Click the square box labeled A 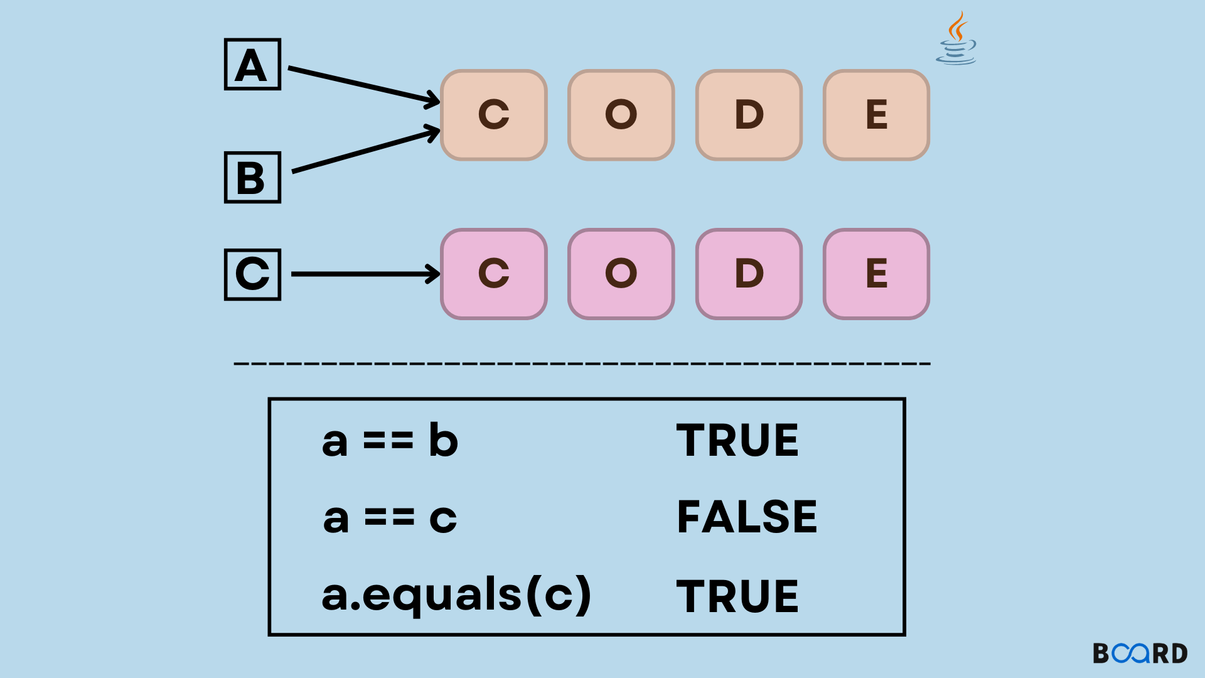[252, 65]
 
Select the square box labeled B [252, 178]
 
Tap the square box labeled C [252, 274]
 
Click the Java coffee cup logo [956, 39]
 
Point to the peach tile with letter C [494, 115]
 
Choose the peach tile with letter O [621, 115]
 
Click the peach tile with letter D [749, 115]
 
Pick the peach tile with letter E [876, 115]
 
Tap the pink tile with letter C [494, 274]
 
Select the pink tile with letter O [621, 274]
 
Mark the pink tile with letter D [749, 274]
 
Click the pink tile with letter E [876, 274]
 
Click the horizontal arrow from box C [364, 274]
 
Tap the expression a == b [390, 441]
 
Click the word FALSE [747, 518]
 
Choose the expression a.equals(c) [456, 595]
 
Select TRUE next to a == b [737, 441]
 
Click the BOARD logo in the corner [1140, 654]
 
